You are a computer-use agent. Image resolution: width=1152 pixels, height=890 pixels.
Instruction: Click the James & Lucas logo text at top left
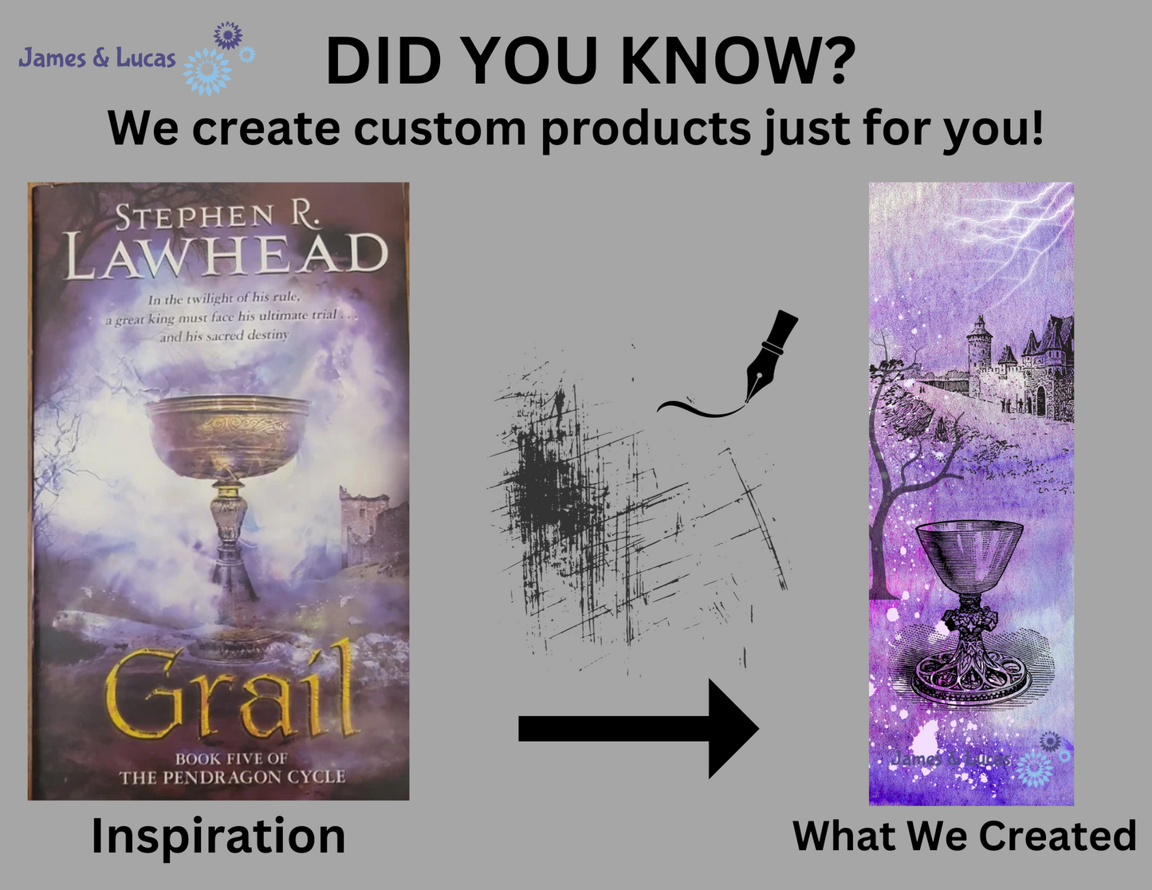pyautogui.click(x=96, y=58)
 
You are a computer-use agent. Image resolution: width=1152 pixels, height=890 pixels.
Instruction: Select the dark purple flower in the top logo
pyautogui.click(x=228, y=36)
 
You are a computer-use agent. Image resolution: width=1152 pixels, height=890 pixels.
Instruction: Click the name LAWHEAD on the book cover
pyautogui.click(x=226, y=256)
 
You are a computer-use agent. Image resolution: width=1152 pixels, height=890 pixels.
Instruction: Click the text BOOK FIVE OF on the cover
pyautogui.click(x=231, y=758)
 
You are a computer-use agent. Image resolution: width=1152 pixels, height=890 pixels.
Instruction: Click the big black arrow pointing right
pyautogui.click(x=638, y=728)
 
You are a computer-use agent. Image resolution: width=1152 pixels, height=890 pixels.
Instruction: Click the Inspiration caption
pyautogui.click(x=218, y=836)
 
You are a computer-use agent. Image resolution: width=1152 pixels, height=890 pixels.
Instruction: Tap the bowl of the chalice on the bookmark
pyautogui.click(x=969, y=558)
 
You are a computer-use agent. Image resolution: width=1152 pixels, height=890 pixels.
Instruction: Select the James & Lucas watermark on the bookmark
pyautogui.click(x=949, y=758)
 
